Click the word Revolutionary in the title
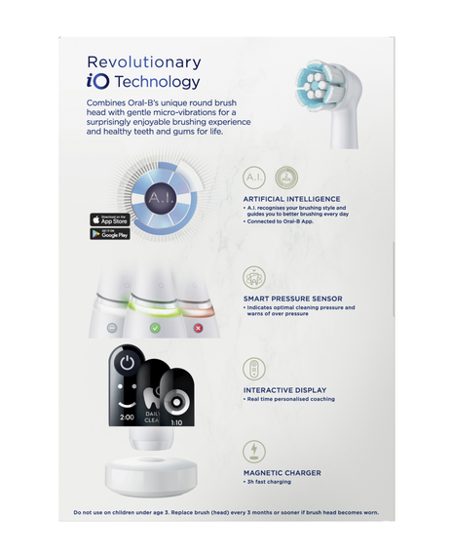click(x=144, y=62)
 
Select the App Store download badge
click(x=110, y=218)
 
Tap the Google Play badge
click(x=110, y=234)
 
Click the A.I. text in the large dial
click(x=159, y=196)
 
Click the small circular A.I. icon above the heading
click(x=254, y=176)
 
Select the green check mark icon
click(x=155, y=328)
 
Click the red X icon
click(x=200, y=328)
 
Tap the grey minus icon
click(x=112, y=328)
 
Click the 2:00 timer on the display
click(x=126, y=416)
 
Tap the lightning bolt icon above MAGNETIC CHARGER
click(x=254, y=450)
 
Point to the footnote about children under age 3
click(x=226, y=512)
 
